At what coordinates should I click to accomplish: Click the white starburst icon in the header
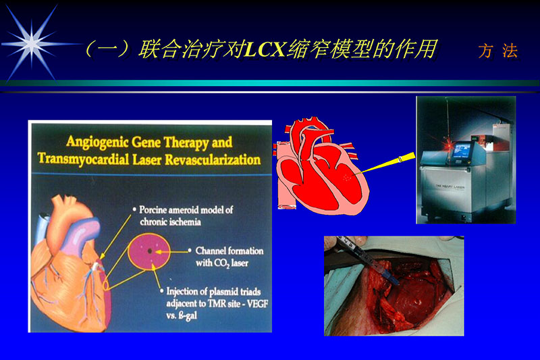(x=30, y=43)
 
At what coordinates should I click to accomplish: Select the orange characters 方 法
(x=497, y=51)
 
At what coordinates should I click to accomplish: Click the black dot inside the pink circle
(x=150, y=251)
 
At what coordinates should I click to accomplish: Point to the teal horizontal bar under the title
(x=270, y=83)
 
